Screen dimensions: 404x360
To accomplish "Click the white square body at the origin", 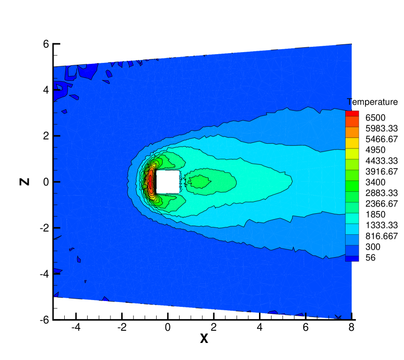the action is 168,182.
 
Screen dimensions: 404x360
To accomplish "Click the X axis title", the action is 204,339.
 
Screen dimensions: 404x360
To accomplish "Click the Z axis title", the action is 24,182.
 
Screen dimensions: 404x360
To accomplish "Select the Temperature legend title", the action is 372,102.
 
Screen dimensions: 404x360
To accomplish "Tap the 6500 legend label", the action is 375,117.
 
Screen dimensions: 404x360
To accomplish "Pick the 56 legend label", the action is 370,258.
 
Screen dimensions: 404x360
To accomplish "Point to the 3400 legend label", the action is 375,182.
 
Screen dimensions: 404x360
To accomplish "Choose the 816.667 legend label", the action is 382,236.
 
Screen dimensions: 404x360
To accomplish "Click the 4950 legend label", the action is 375,150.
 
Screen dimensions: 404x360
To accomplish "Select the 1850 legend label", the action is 375,214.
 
